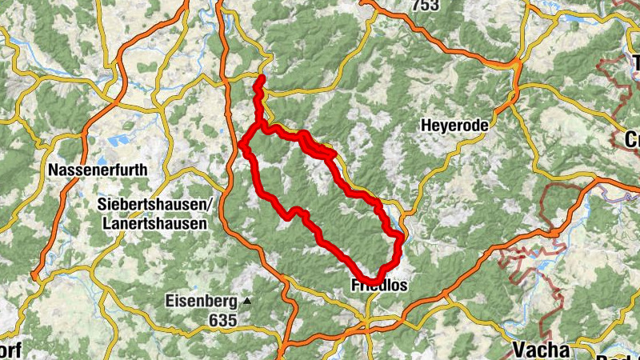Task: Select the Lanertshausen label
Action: (154, 225)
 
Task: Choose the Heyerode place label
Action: (453, 126)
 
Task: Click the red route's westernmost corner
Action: (242, 144)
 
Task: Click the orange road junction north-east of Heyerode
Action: (517, 63)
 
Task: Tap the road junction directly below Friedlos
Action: (366, 322)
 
